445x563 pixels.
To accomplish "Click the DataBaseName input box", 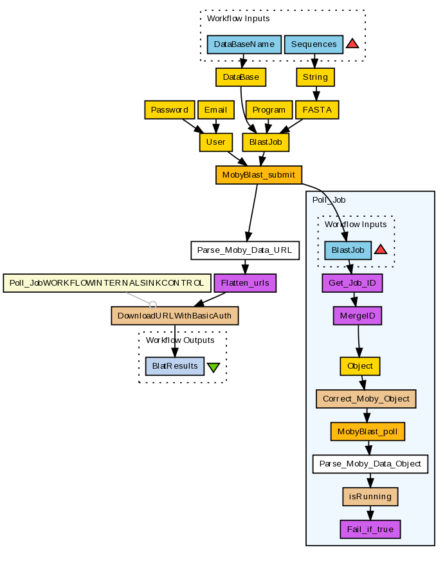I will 244,44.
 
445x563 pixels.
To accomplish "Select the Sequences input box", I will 314,44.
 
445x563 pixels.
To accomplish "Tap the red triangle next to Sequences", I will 352,44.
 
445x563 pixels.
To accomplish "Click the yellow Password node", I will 169,110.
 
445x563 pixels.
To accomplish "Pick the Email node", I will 215,110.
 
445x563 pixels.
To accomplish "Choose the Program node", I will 269,110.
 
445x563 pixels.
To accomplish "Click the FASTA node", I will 317,110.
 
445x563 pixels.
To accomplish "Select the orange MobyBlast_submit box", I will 259,174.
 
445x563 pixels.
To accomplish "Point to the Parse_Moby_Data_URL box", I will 244,250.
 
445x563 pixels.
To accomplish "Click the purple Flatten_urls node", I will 244,282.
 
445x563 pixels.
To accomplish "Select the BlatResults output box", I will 175,366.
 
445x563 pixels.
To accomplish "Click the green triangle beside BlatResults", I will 213,367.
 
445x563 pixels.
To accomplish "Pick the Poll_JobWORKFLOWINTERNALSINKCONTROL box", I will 107,282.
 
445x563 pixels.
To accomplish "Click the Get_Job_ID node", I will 352,282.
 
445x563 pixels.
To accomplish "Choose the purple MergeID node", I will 358,315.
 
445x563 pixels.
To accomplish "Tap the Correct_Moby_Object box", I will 366,398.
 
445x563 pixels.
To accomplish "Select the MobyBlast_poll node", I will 368,431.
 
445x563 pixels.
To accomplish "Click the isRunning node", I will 370,496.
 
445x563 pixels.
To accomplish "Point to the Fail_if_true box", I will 370,529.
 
